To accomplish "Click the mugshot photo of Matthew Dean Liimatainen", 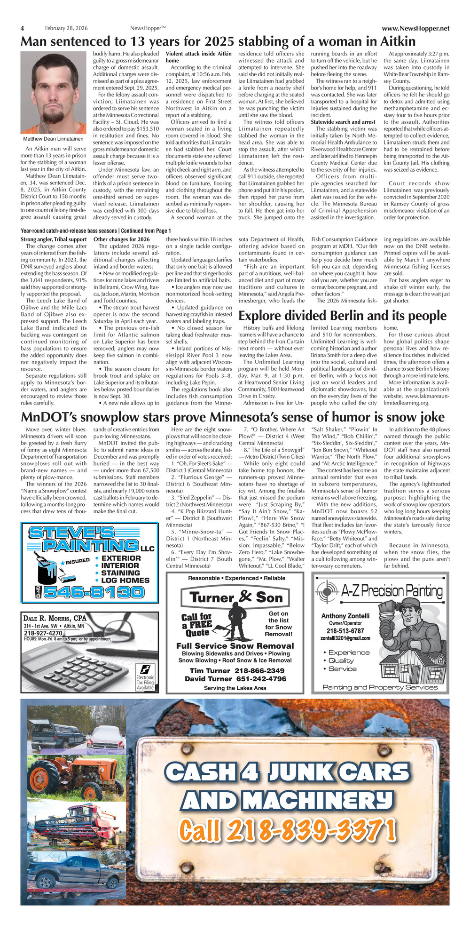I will tap(53, 93).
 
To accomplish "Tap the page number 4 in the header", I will tap(22, 28).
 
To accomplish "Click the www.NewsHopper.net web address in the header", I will tap(415, 29).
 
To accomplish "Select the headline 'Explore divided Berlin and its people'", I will tap(342, 315).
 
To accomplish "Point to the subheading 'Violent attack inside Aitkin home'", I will tap(198, 57).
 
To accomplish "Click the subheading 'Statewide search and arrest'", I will tap(343, 122).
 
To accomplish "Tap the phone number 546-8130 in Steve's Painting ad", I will tap(94, 592).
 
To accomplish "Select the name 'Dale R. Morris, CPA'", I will tap(55, 618).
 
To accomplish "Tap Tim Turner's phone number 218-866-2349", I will tap(259, 671).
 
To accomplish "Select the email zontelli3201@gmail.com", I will tap(345, 638).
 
